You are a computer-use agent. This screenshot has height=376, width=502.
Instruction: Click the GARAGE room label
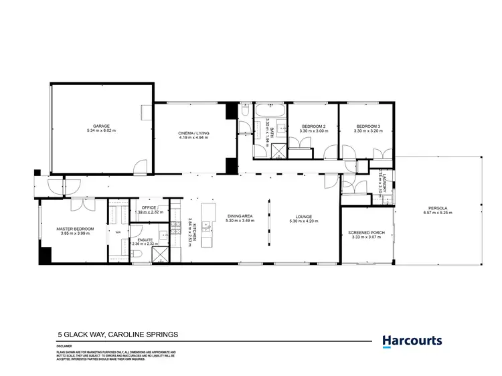coord(102,126)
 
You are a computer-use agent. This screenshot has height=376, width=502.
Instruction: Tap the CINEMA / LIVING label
coord(193,133)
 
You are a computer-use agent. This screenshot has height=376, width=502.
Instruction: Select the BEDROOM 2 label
coord(313,126)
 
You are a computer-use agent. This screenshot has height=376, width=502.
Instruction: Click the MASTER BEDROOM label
coord(74,229)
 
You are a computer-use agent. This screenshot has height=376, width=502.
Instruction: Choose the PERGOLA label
coord(438,208)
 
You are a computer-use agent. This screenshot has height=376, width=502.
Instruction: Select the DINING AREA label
coord(238,216)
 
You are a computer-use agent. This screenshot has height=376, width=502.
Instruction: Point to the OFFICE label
coord(149,208)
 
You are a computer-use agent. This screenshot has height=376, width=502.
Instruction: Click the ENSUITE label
coord(145,240)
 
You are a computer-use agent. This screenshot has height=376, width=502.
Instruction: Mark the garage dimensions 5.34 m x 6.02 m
coord(102,130)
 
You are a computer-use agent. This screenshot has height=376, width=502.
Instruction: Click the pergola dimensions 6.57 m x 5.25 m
coord(438,213)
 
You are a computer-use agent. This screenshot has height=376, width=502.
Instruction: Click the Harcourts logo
coord(412,341)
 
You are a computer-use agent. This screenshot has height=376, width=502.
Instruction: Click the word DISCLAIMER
coord(64,346)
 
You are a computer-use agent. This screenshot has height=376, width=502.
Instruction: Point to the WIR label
coord(118,232)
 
